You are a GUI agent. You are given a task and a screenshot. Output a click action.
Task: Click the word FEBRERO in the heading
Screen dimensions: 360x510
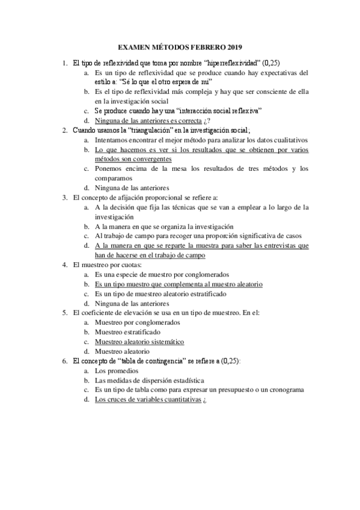coord(206,46)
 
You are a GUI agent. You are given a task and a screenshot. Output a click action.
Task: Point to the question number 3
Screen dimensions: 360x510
coord(65,197)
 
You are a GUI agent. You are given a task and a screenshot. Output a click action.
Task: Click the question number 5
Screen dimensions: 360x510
coord(65,313)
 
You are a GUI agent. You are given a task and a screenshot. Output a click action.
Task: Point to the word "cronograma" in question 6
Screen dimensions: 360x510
coord(283,390)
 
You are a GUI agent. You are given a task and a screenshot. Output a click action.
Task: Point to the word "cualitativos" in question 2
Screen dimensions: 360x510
coord(285,140)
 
